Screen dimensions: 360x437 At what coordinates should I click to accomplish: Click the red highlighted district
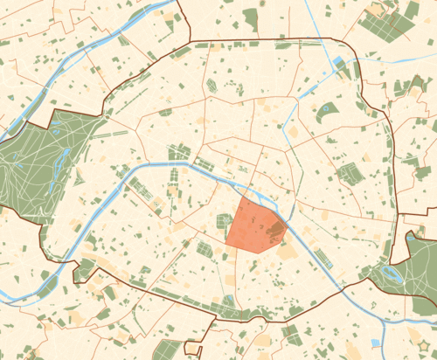[249, 229]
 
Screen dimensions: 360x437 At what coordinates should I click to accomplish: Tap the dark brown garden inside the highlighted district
[275, 231]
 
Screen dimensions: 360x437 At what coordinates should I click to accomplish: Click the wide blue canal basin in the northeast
[339, 63]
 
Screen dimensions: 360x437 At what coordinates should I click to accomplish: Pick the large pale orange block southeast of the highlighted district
[287, 251]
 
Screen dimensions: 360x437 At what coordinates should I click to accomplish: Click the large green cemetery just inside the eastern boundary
[350, 172]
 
